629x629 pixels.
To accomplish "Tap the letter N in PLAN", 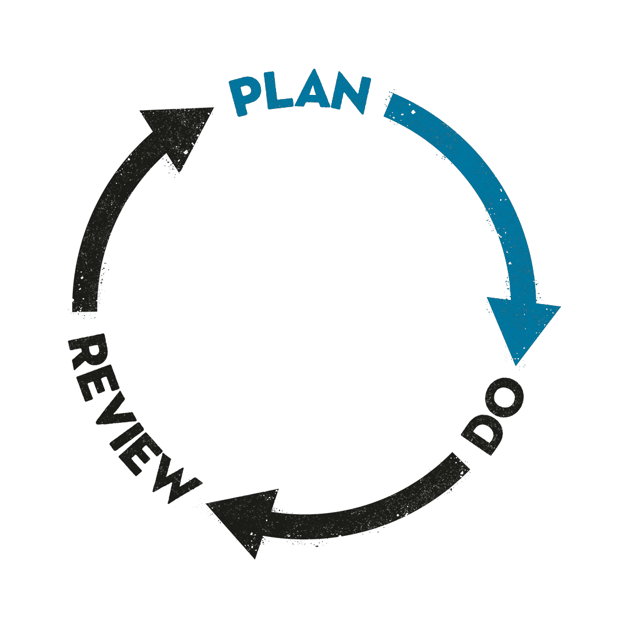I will point(351,94).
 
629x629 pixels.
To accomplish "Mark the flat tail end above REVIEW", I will point(85,303).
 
